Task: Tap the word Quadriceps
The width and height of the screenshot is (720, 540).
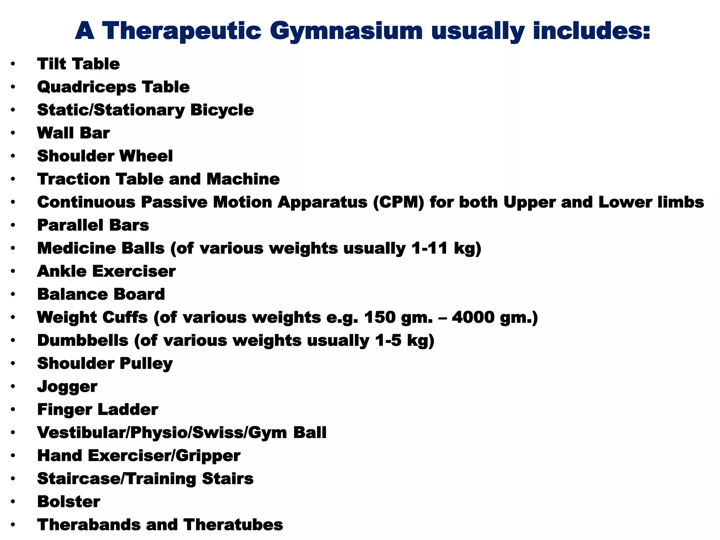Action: point(86,87)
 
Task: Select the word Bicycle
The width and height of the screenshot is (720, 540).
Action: point(222,110)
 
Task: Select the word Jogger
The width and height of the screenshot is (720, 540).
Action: point(67,387)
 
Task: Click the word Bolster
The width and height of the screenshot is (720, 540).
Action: point(69,502)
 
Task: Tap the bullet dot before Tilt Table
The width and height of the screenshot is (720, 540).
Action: point(13,64)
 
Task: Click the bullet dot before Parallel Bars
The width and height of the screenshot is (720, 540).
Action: point(13,225)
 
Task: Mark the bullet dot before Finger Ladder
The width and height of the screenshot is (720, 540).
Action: point(13,410)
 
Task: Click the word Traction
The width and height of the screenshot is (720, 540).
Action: point(73,179)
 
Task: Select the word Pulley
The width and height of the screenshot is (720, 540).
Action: point(146,364)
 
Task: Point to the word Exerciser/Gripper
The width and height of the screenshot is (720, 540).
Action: point(164,456)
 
